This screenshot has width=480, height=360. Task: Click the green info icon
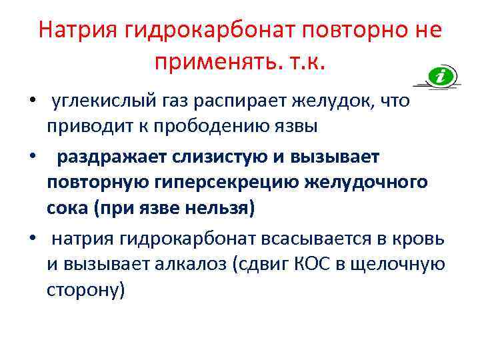441,77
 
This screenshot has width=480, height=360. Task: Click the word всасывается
323,238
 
